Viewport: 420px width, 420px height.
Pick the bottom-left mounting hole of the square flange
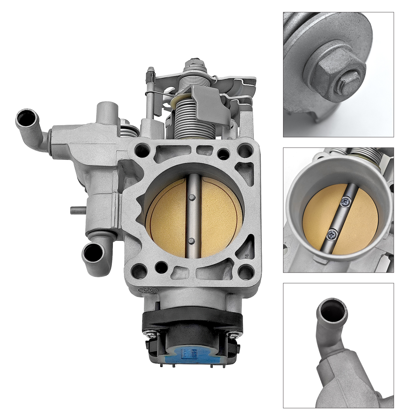[x=137, y=271]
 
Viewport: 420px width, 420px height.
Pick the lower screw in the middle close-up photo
[x=332, y=233]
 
